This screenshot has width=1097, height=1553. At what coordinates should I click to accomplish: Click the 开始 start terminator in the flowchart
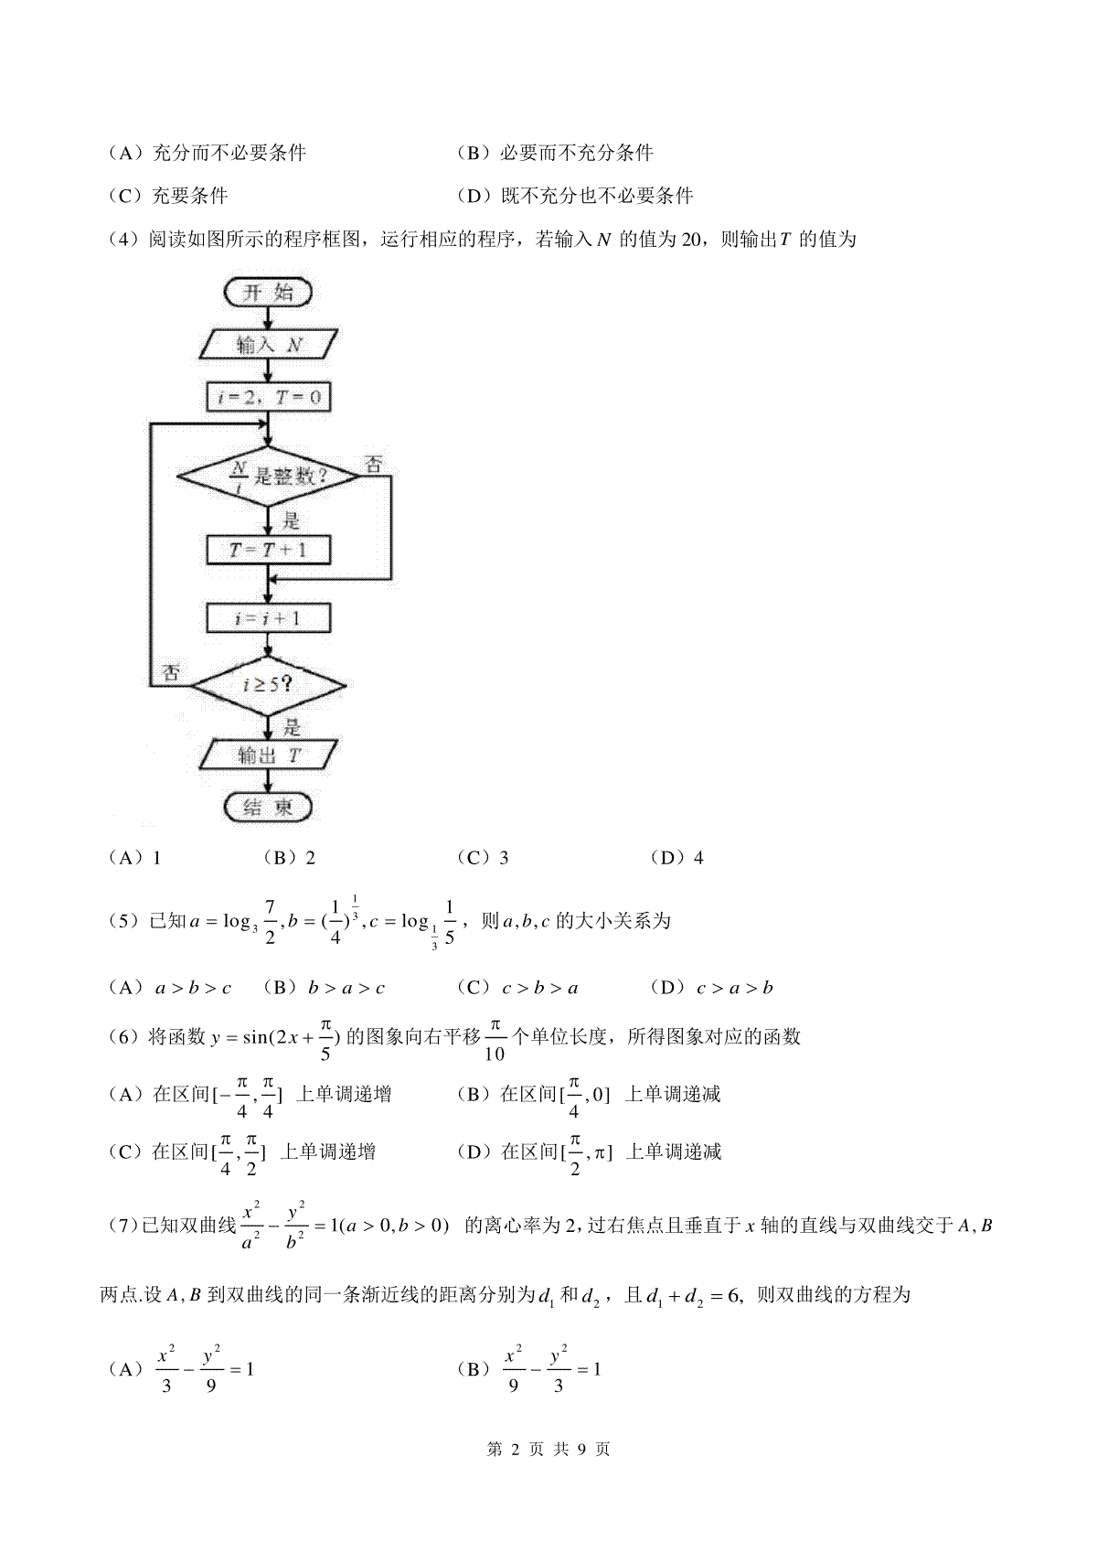(268, 293)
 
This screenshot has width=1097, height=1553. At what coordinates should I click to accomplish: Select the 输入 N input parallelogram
(268, 345)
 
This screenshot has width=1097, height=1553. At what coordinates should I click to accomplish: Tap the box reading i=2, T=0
(268, 397)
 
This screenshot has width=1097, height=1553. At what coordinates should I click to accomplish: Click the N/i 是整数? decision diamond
(268, 477)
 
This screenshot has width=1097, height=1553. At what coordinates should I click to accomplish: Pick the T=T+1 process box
(268, 551)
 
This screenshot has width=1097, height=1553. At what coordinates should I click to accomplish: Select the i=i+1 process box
(268, 617)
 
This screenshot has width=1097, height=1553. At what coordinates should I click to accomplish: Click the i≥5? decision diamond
(268, 686)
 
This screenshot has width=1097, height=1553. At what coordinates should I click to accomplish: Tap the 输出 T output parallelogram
(268, 755)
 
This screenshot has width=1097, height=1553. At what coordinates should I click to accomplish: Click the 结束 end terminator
(268, 807)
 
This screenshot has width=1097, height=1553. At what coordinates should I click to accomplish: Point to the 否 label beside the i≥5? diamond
(170, 672)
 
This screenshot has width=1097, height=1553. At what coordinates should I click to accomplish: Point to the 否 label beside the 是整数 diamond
(374, 464)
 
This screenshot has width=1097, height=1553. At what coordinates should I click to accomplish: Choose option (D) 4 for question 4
(677, 858)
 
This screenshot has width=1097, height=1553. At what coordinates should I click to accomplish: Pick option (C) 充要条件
(167, 196)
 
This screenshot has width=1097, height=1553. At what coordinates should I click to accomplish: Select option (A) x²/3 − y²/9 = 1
(181, 1368)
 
